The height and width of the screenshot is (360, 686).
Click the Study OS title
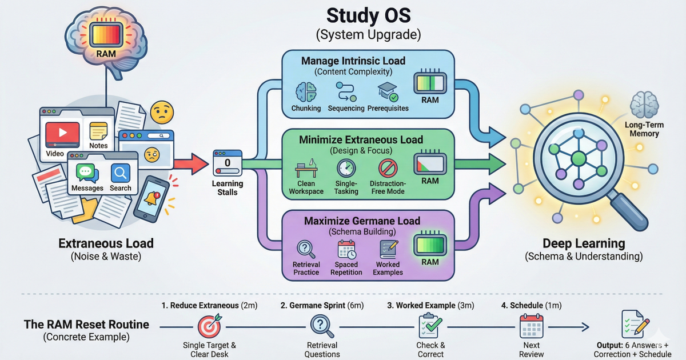[369, 14]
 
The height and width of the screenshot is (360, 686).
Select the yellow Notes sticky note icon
[98, 130]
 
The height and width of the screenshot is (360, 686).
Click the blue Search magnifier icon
[120, 173]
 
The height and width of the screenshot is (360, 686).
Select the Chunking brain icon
[306, 92]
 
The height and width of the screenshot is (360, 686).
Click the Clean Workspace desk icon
[306, 170]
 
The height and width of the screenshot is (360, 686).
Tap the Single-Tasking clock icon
[346, 169]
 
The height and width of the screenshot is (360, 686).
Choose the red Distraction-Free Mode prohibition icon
[388, 169]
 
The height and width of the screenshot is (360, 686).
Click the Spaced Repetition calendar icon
[346, 249]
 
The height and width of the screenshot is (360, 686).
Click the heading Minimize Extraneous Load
[369, 139]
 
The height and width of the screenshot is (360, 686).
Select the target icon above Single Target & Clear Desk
[209, 326]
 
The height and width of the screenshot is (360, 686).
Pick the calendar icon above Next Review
[531, 326]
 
